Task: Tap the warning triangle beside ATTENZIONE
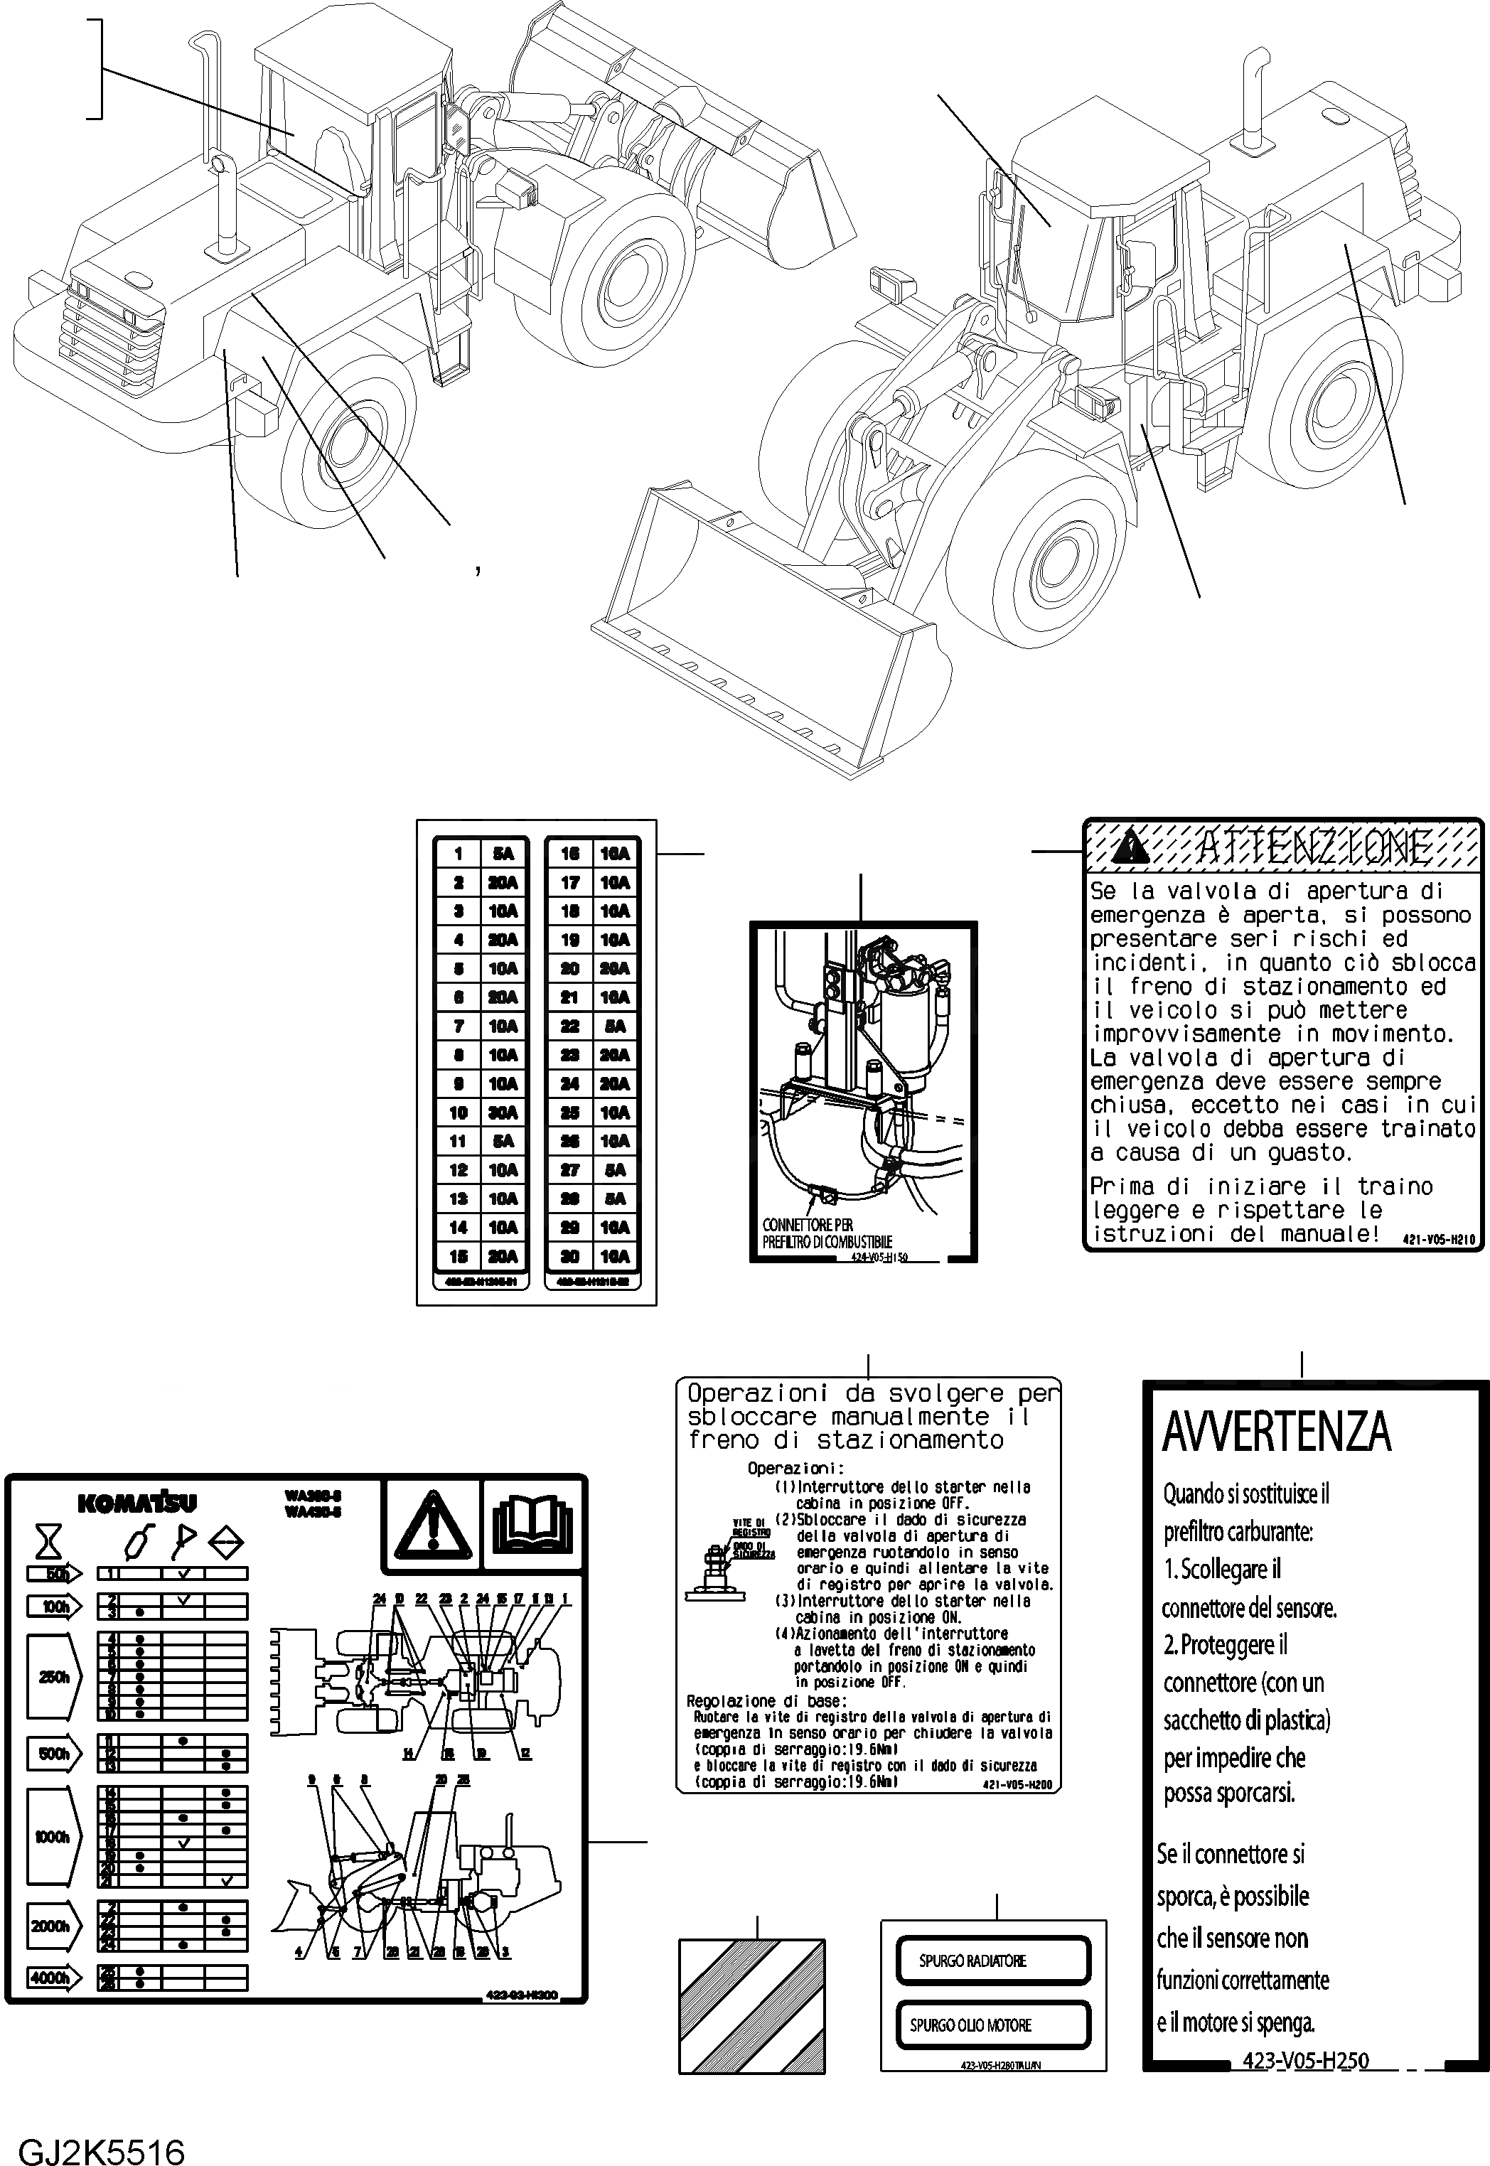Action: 1133,847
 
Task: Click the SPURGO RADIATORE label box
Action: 993,1961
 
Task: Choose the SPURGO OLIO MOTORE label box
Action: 993,2024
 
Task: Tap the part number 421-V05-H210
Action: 1437,1239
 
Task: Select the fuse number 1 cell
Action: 459,853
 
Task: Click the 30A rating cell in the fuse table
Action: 503,1112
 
